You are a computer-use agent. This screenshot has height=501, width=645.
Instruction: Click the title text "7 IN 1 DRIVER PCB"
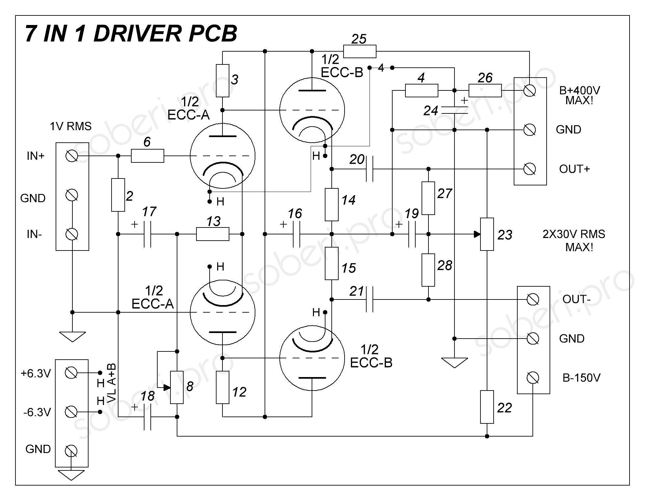[131, 34]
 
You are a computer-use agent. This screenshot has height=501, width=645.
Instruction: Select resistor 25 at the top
[359, 52]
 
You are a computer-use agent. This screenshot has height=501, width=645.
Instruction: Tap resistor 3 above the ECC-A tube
[222, 81]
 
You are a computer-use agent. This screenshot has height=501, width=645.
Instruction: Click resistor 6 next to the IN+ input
[147, 156]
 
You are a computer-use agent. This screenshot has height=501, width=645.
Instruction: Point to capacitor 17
[147, 234]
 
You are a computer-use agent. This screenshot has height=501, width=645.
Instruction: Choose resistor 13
[213, 234]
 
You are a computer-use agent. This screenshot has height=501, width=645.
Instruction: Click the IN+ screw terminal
[72, 156]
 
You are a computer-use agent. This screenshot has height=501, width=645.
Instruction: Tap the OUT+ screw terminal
[529, 169]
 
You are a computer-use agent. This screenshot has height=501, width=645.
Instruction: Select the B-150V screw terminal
[532, 378]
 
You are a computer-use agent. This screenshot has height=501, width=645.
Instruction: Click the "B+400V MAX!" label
[580, 95]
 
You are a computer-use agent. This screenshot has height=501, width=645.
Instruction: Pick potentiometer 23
[487, 234]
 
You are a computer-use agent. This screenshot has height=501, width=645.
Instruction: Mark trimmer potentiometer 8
[177, 387]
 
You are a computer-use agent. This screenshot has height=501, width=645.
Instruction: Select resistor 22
[487, 407]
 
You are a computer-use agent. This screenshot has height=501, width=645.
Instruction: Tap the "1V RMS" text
[70, 126]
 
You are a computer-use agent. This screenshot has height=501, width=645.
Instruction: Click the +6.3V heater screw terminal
[71, 373]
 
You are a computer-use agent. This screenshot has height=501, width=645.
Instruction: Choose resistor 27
[428, 198]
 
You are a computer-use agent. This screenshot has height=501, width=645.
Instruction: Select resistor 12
[222, 387]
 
